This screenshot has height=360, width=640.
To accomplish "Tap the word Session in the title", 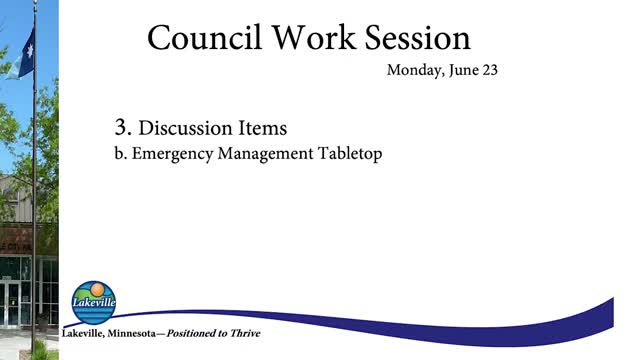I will tap(415, 38).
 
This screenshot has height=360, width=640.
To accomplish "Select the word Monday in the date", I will tap(412, 72).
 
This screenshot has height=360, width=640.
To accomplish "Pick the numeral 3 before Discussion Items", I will tap(123, 128).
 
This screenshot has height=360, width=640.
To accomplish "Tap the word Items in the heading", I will tap(267, 129).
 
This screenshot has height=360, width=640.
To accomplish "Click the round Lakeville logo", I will tap(94, 302).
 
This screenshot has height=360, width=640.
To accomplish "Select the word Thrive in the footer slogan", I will tap(245, 333).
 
